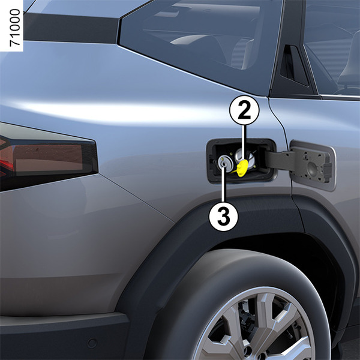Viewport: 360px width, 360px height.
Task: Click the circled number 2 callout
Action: coord(244,110)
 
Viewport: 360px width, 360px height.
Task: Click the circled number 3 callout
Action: coord(223,217)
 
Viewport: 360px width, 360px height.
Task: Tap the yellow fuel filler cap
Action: coord(242,168)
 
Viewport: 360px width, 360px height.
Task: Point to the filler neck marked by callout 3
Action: coord(224,163)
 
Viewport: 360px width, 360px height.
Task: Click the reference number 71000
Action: coord(15,28)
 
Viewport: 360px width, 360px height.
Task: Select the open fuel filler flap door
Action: coord(313,165)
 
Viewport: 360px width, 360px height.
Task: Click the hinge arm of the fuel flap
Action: coord(279,160)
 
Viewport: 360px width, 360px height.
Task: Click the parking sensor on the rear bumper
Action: coord(92,343)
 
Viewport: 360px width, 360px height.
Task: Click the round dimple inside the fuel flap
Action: coord(312,169)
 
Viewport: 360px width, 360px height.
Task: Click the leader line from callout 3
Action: coord(224,184)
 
